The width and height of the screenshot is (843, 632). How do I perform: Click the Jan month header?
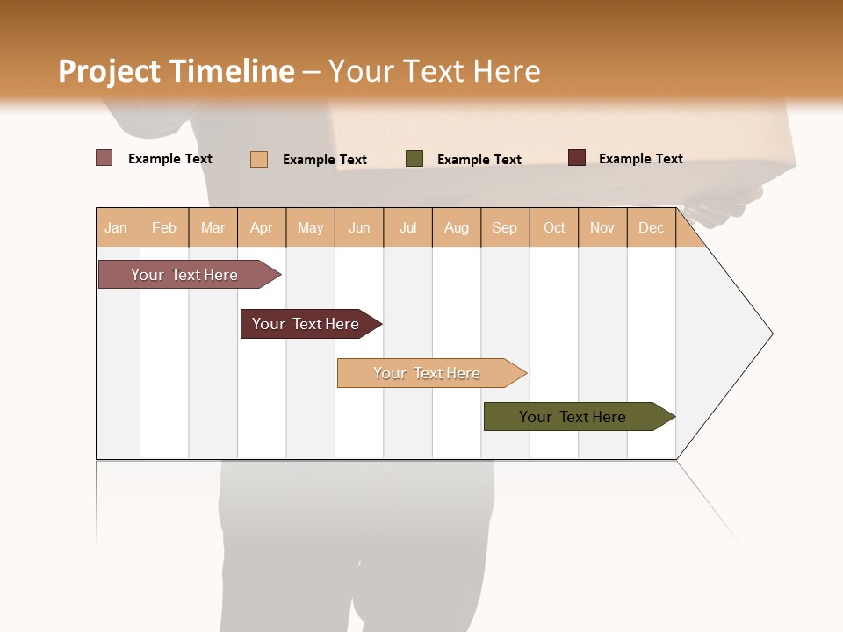116,227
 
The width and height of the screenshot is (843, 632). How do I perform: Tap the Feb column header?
164,227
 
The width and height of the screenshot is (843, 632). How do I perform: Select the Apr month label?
261,227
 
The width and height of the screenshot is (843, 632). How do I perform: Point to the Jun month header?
359,227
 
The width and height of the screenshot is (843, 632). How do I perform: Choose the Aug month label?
457,227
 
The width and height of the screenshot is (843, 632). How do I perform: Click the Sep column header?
504,227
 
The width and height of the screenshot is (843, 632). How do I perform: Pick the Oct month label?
554,227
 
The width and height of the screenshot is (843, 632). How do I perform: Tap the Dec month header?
652,227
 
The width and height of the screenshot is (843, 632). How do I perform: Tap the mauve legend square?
104,158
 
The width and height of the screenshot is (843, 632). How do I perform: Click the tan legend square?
259,159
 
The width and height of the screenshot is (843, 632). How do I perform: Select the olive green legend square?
414,159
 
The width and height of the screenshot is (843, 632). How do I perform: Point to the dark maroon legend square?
577,158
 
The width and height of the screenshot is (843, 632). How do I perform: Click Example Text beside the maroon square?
641,159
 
